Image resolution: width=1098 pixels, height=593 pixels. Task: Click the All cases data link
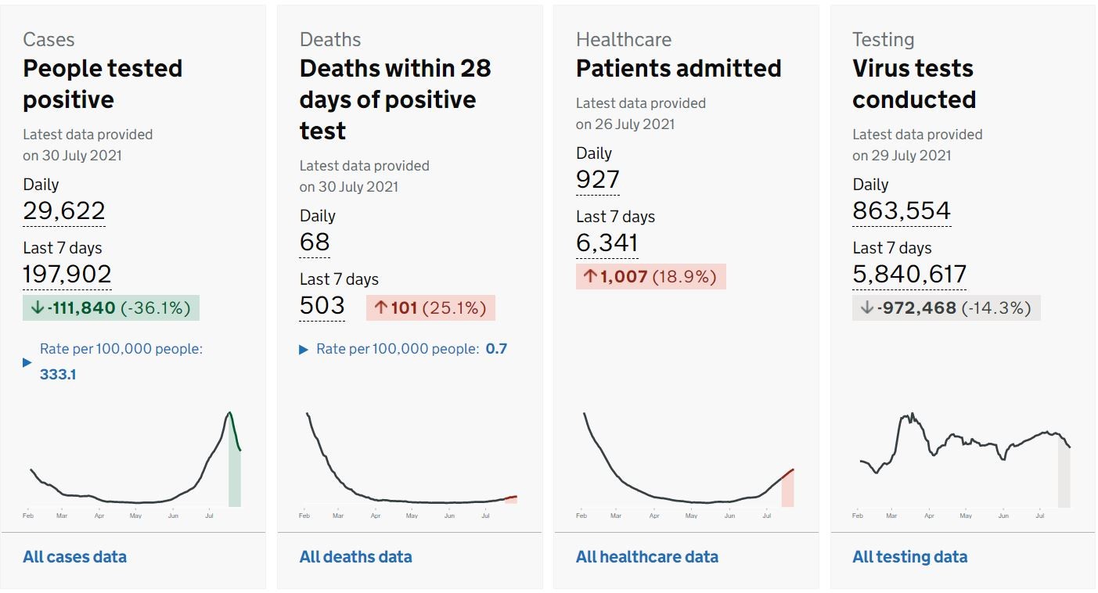click(x=74, y=557)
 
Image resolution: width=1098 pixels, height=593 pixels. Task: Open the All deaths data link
click(x=355, y=557)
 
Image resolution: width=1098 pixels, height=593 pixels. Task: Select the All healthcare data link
click(x=646, y=557)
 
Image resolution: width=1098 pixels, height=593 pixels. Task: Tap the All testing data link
click(x=909, y=557)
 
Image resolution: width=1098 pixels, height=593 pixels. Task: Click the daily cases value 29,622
click(x=64, y=210)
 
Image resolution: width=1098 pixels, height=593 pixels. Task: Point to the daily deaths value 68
click(x=315, y=242)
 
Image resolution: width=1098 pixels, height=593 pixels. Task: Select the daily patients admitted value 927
click(x=597, y=179)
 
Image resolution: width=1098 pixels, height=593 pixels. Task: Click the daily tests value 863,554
click(x=902, y=210)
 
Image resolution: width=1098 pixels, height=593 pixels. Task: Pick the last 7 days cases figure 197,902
click(x=67, y=274)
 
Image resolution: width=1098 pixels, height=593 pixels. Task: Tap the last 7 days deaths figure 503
click(x=322, y=305)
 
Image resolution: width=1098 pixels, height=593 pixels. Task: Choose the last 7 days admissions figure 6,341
click(x=607, y=243)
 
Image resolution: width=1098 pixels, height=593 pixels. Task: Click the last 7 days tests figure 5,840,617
click(x=909, y=274)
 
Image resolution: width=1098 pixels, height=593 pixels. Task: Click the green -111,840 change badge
click(x=110, y=308)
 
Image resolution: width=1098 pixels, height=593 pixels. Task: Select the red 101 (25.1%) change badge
click(x=430, y=308)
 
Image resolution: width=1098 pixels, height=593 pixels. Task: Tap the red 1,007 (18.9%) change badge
click(x=650, y=277)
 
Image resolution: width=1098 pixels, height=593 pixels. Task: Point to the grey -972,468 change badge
click(x=945, y=308)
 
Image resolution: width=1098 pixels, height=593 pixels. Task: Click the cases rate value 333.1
click(x=58, y=375)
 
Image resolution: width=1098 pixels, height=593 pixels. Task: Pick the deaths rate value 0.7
click(x=496, y=349)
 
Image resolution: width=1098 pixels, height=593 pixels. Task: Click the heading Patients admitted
click(x=679, y=69)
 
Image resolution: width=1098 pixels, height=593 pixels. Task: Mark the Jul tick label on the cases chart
click(x=209, y=516)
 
